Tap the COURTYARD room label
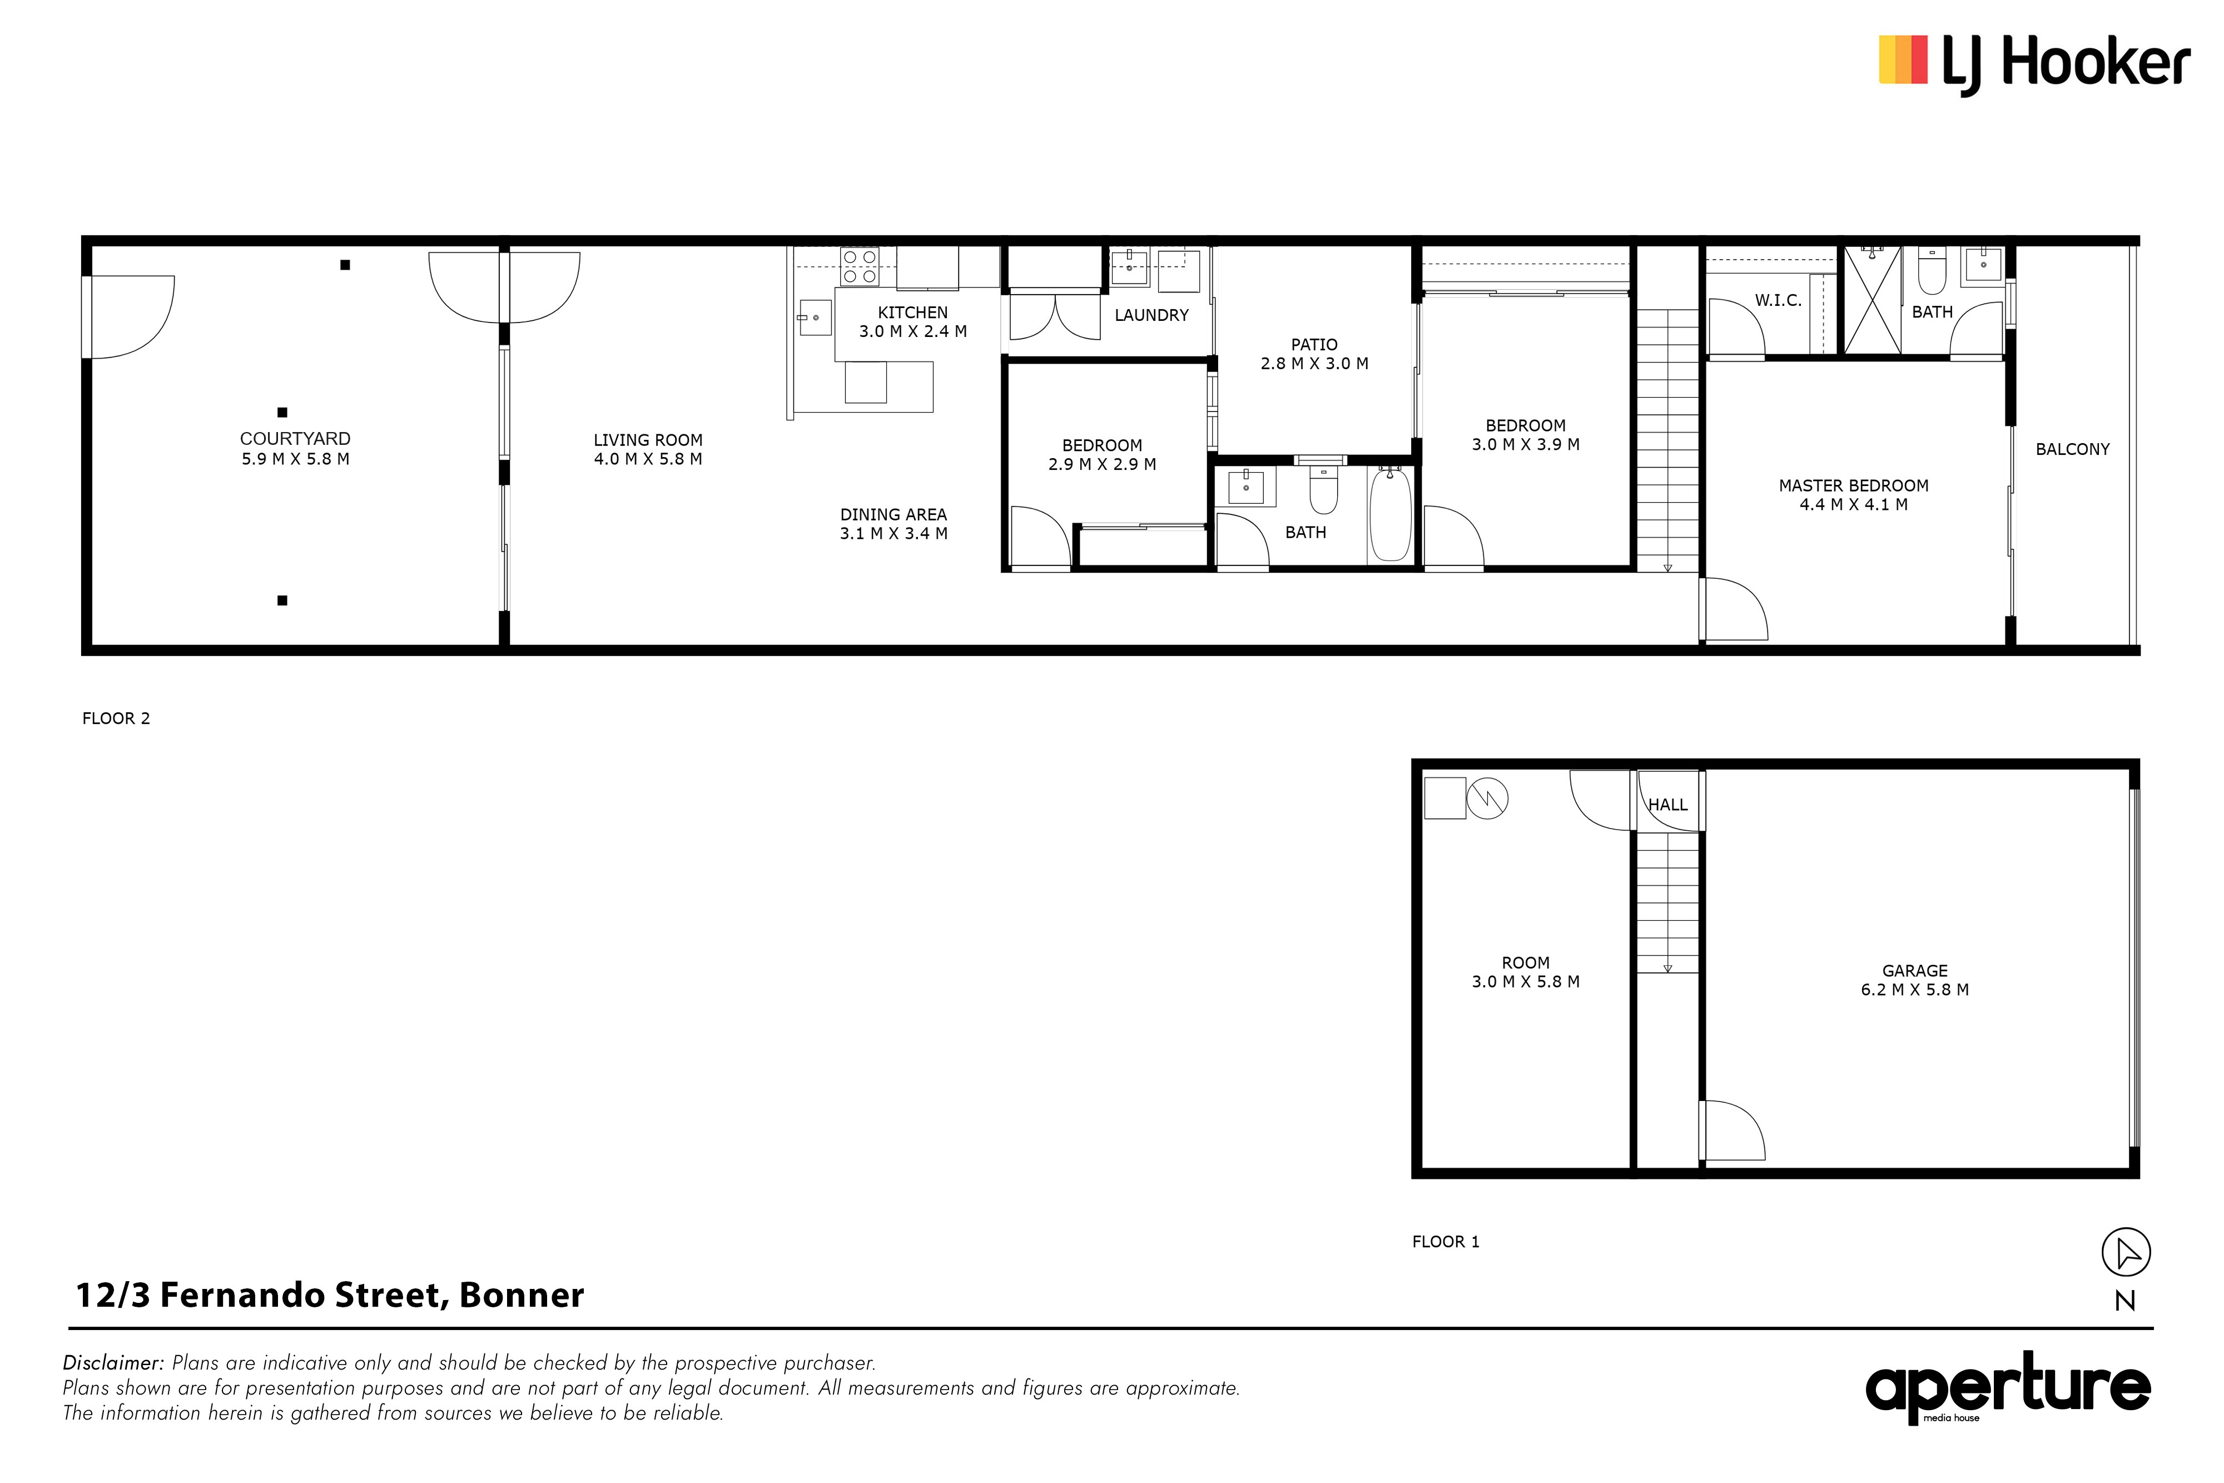click(295, 439)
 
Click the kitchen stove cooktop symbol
click(860, 267)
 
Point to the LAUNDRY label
click(1151, 315)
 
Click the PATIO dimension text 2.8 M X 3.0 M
click(1314, 363)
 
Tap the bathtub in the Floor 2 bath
click(1391, 514)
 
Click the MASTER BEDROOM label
click(1853, 486)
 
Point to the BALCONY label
click(2073, 449)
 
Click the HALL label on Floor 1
click(1668, 805)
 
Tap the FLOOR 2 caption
click(116, 719)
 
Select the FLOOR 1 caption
click(1446, 1242)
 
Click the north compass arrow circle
click(2126, 1253)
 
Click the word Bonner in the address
click(522, 1295)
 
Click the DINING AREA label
click(893, 514)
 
